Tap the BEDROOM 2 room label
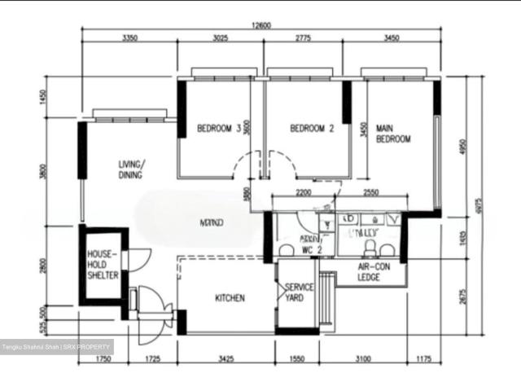(312, 129)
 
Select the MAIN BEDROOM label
(393, 134)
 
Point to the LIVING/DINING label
(130, 169)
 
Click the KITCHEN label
(230, 298)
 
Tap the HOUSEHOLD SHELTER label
(103, 266)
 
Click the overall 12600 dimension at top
(260, 25)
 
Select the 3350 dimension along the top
(129, 38)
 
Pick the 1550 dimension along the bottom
(297, 358)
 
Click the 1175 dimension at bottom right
(423, 358)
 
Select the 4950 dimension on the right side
(462, 147)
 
